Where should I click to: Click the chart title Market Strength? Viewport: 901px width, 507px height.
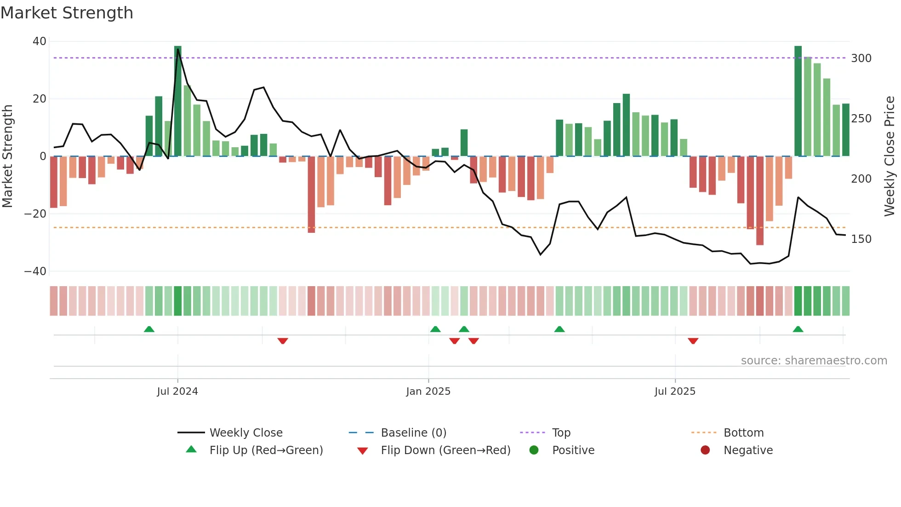tap(67, 13)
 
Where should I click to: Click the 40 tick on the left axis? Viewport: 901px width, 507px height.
tap(40, 41)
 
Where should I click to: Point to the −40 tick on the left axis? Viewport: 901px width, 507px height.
tap(35, 271)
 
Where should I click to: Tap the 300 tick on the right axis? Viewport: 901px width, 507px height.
tap(861, 58)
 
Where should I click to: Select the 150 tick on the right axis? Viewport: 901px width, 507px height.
tap(861, 239)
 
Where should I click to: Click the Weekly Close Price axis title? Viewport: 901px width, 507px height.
tap(890, 156)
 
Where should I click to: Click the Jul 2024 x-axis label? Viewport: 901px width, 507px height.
tap(177, 392)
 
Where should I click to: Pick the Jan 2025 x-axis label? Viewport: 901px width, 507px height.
tap(428, 392)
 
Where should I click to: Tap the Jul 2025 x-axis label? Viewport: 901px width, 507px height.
tap(675, 392)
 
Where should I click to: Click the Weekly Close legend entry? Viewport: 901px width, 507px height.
tap(246, 433)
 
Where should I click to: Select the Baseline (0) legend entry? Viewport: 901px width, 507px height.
tap(413, 433)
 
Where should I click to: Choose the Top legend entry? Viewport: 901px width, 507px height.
tap(561, 433)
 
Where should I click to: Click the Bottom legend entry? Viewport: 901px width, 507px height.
tap(743, 433)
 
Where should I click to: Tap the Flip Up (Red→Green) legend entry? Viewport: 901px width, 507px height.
tap(266, 450)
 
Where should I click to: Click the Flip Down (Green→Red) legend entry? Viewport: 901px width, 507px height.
tap(445, 450)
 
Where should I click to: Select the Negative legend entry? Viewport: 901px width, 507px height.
tap(748, 450)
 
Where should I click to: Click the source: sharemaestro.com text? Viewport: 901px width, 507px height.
tap(814, 361)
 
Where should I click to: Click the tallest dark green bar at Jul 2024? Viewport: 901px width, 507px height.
tap(178, 101)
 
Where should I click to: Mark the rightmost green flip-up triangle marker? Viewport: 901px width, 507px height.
tap(798, 329)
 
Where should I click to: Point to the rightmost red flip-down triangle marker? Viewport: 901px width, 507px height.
tap(693, 341)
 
